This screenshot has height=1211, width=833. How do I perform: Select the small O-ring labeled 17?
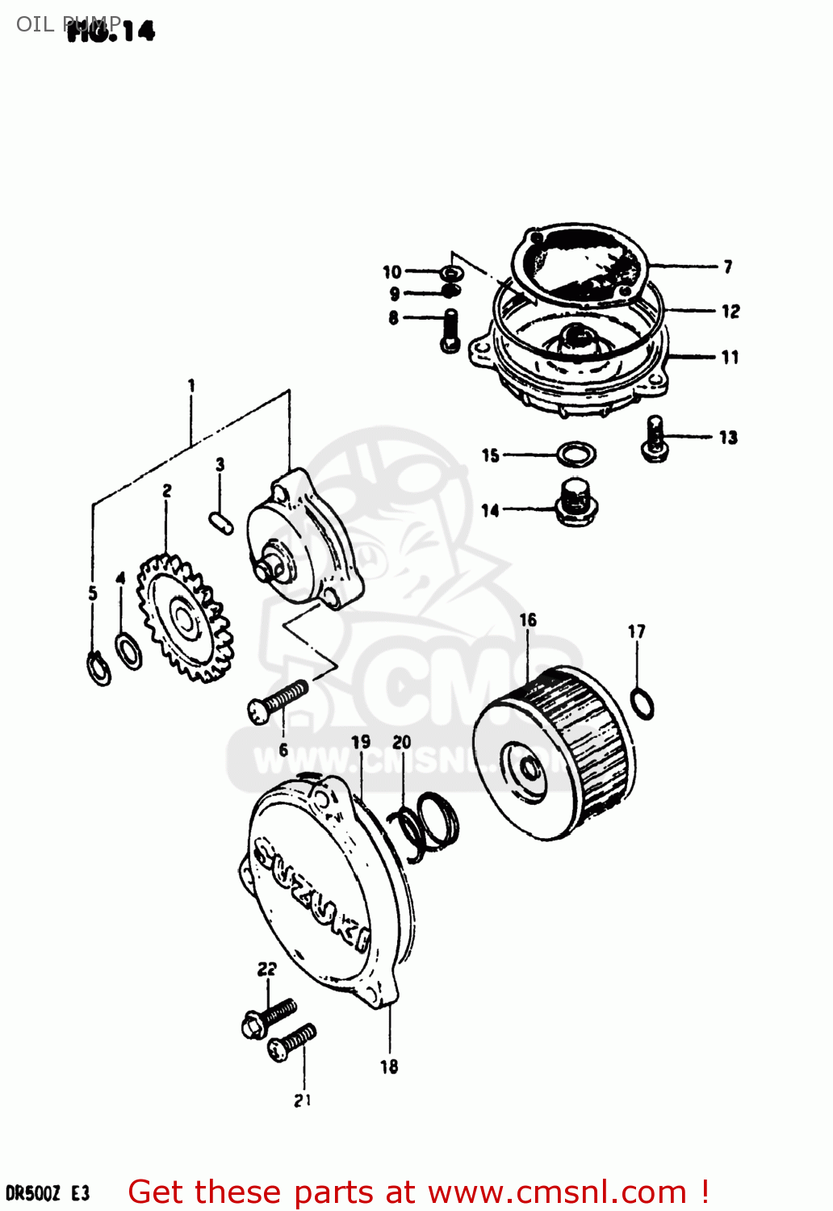click(641, 703)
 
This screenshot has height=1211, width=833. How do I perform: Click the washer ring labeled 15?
click(576, 455)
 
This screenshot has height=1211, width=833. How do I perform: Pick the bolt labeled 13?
click(655, 439)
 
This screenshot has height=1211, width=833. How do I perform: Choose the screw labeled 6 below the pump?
click(278, 700)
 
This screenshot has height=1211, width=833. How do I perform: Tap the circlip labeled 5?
click(99, 668)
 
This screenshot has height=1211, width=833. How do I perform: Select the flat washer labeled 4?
click(128, 651)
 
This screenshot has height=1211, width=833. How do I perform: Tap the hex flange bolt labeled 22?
click(266, 1018)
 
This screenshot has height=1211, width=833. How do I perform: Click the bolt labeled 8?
click(450, 332)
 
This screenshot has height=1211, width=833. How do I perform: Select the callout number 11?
click(730, 357)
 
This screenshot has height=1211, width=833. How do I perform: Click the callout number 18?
click(389, 1066)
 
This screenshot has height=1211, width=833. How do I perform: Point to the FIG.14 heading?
click(111, 31)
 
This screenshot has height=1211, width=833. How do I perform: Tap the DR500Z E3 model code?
click(47, 1193)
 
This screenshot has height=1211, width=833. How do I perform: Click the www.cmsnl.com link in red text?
click(557, 1192)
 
